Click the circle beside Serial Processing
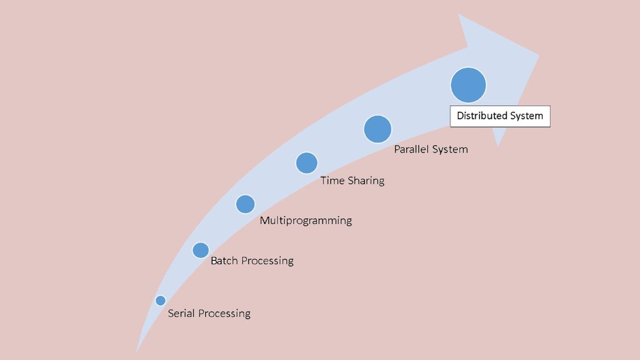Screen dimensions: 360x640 point(160,300)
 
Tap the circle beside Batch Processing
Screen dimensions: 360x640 point(201,250)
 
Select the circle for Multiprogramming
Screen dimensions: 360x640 point(245,204)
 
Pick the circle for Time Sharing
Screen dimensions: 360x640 point(306,163)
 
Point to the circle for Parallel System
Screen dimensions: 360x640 point(378,129)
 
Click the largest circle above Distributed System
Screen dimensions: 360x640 point(468,85)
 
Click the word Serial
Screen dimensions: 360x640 point(181,313)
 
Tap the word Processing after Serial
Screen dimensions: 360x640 point(223,314)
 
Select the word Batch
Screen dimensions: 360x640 point(224,261)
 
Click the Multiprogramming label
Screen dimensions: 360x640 point(305,220)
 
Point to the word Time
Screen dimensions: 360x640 point(332,180)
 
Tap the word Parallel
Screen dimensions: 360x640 point(411,149)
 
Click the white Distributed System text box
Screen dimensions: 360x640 point(500,116)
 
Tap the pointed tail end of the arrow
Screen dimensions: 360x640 point(137,351)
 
